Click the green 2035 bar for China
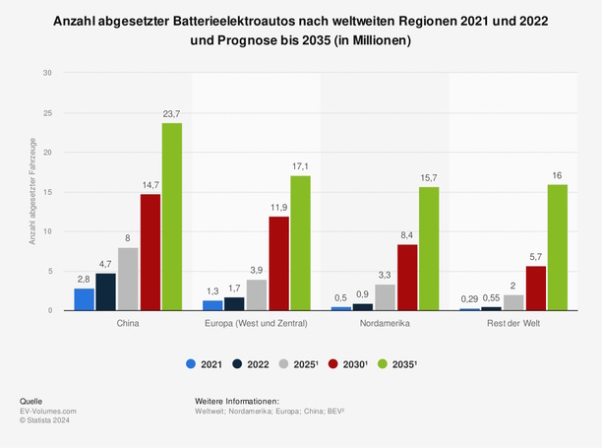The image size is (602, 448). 171,217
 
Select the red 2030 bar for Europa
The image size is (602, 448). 279,263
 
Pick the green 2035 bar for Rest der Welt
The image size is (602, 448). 557,247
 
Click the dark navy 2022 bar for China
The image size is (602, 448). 106,291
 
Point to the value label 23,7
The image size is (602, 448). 171,114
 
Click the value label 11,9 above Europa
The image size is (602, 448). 279,208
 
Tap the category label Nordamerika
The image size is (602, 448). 386,323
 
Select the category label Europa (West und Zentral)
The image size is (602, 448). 257,323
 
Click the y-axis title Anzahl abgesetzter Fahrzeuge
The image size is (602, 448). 32,192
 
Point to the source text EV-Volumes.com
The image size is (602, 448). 48,411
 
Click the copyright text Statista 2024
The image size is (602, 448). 51,419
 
